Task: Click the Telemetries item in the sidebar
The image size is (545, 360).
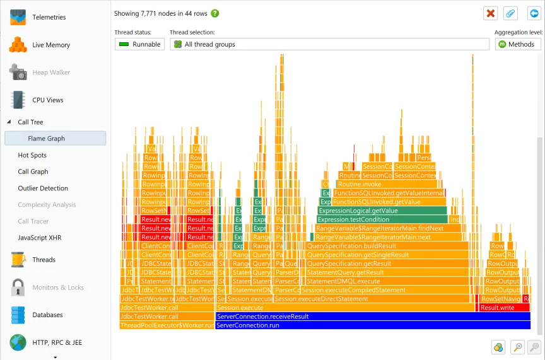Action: tap(49, 17)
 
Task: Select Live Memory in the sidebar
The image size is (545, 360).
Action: tap(50, 45)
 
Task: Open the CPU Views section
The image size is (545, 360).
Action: tap(47, 100)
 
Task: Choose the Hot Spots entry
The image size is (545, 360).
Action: tap(32, 155)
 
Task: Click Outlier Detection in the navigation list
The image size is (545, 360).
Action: tap(43, 188)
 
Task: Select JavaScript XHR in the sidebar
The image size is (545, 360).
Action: tap(40, 238)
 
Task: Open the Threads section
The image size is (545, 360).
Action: tap(44, 259)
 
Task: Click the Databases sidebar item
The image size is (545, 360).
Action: tap(47, 315)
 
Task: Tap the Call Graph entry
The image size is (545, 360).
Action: tap(33, 171)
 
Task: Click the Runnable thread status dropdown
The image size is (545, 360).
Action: tap(139, 44)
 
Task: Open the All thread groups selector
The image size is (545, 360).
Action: tap(329, 44)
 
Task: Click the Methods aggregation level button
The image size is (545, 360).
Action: tap(518, 44)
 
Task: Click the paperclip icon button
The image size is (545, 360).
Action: tap(511, 13)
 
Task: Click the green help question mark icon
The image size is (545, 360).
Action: tap(215, 13)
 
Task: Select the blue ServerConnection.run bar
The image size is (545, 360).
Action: tap(372, 325)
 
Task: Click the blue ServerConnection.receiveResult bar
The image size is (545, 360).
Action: tap(372, 316)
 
